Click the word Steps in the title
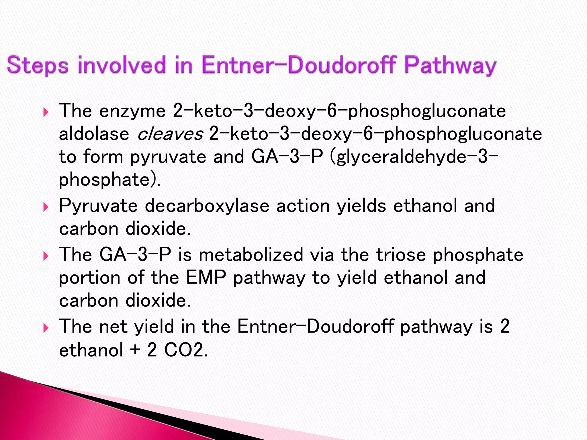(38, 65)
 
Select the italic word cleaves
(170, 134)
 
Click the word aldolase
(94, 134)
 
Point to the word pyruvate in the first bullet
(168, 157)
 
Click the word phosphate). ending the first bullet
(109, 180)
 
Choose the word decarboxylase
(207, 206)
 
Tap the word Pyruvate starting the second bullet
(98, 206)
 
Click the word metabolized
(251, 254)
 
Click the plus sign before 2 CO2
(135, 350)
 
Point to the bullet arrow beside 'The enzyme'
(46, 112)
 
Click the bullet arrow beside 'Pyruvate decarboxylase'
(46, 207)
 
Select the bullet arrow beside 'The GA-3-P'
(46, 256)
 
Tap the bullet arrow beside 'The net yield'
(46, 328)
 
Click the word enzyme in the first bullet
(132, 111)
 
